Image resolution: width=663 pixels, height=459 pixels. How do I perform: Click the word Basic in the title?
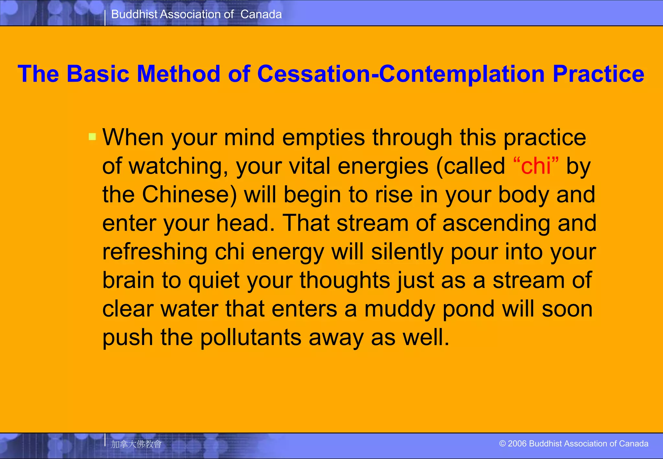[x=98, y=74]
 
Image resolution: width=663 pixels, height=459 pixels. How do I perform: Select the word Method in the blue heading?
[x=178, y=74]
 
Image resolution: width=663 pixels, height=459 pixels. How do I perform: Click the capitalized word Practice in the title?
[x=598, y=74]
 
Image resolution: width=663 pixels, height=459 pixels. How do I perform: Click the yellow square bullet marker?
[x=92, y=137]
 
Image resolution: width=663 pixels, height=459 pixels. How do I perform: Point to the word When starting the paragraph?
[x=133, y=137]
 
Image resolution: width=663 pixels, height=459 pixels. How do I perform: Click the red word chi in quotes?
[x=536, y=166]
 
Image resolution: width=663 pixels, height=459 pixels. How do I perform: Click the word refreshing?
[x=155, y=252]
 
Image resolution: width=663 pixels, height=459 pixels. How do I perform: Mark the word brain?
[x=128, y=280]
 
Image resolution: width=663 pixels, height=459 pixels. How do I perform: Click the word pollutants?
[x=251, y=338]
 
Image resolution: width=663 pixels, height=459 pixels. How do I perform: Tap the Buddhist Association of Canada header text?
[x=196, y=14]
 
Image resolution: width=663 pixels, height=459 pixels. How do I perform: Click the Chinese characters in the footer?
[x=136, y=444]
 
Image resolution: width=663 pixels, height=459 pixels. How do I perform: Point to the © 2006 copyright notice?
[x=574, y=443]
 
